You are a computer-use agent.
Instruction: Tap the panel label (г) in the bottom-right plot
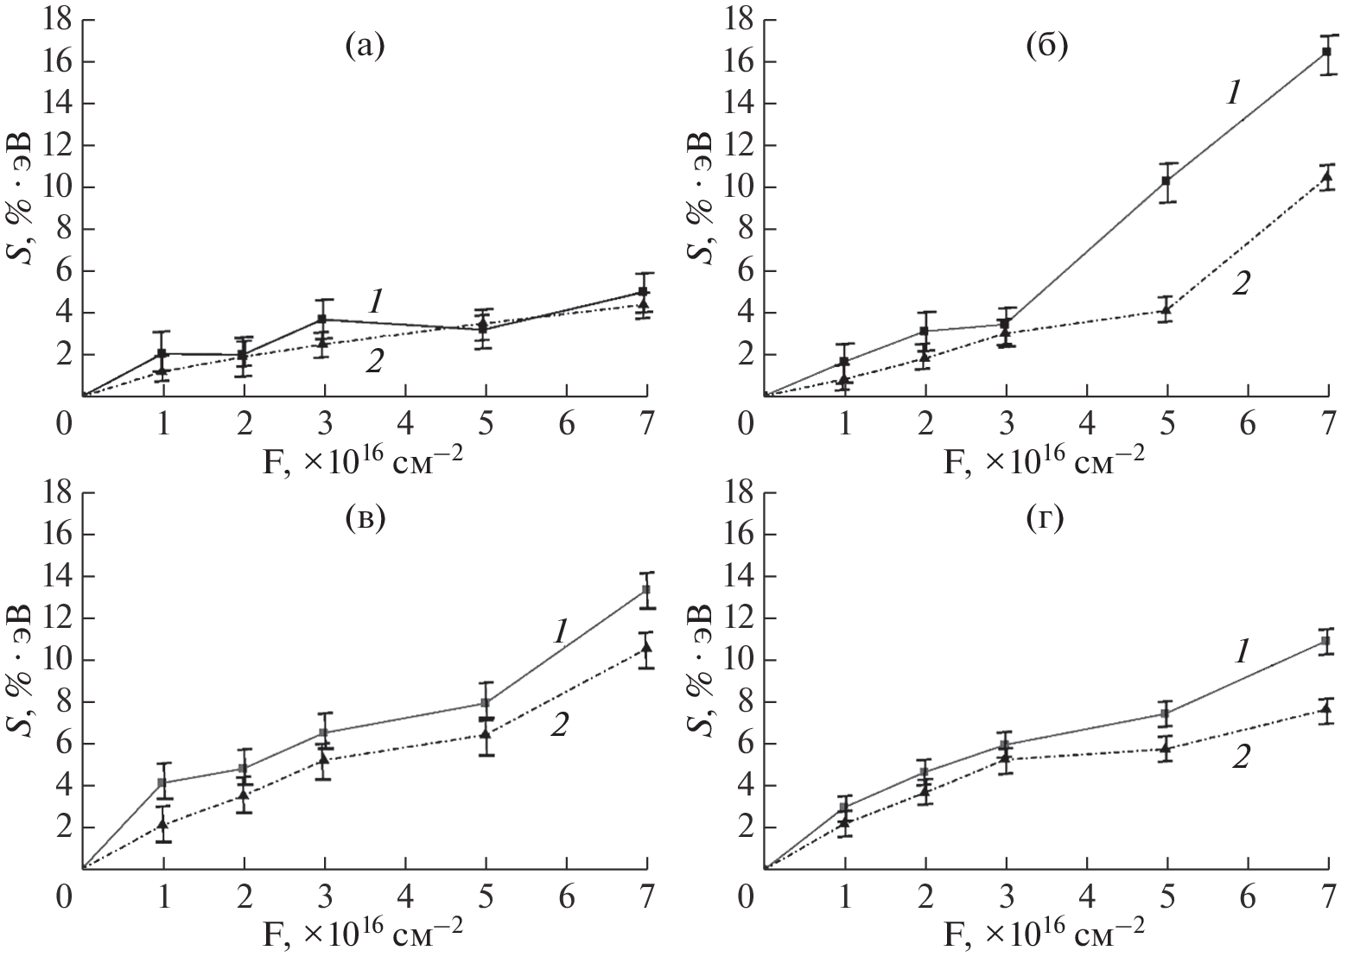[x=1046, y=521]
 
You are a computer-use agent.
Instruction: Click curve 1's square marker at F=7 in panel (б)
[x=1326, y=53]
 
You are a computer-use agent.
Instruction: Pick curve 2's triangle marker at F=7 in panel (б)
[x=1326, y=178]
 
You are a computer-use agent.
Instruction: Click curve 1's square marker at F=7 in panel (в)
[x=645, y=591]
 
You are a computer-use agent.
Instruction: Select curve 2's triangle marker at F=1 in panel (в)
[x=162, y=824]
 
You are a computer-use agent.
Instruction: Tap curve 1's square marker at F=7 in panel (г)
[x=1326, y=642]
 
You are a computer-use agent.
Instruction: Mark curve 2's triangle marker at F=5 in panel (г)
[x=1166, y=748]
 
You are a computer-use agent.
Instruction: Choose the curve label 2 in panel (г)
[x=1241, y=757]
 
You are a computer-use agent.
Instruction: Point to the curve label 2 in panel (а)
[x=374, y=363]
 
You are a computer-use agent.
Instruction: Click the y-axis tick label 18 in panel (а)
[x=58, y=20]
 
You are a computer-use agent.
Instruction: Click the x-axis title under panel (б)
[x=1046, y=456]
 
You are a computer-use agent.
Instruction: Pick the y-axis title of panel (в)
[x=19, y=680]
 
